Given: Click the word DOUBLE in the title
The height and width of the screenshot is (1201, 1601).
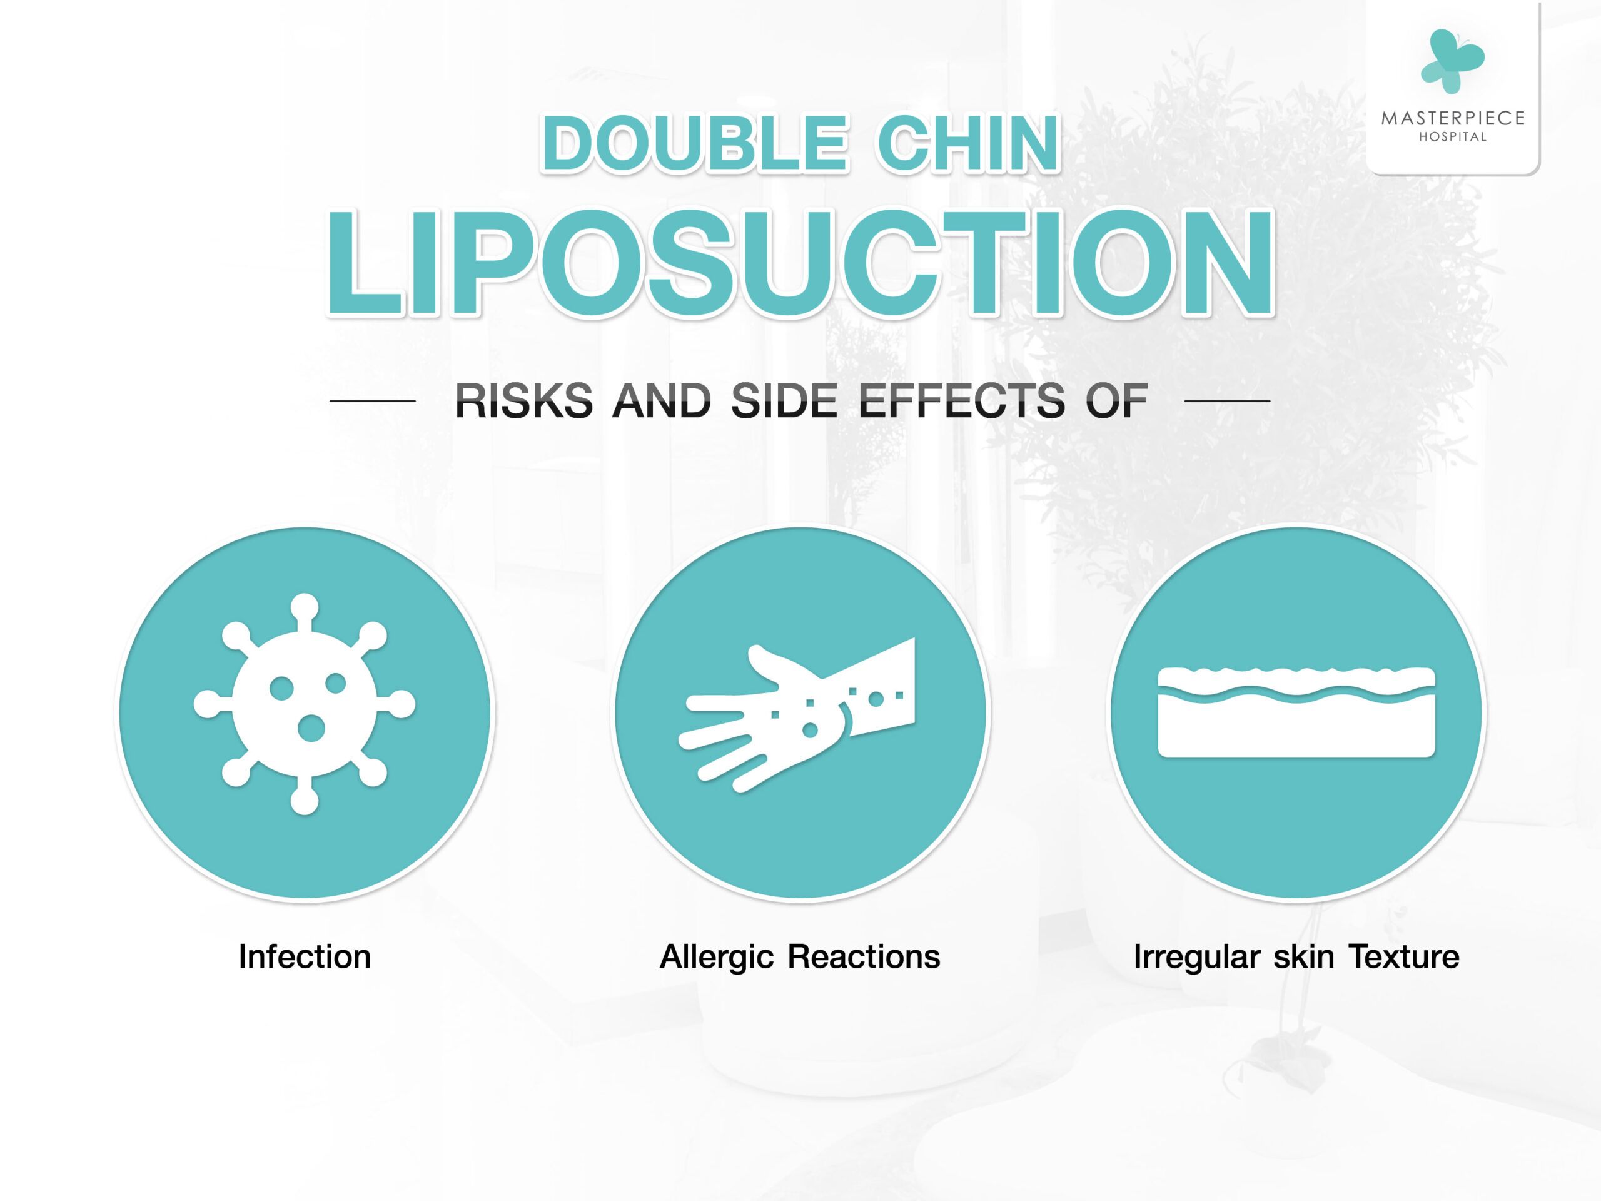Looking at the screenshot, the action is pos(694,143).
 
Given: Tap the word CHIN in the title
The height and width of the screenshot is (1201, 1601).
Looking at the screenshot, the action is pos(967,143).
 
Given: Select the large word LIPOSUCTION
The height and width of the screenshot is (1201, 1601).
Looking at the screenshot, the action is pos(800,263).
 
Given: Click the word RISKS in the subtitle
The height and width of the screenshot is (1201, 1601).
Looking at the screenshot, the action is pos(524,400).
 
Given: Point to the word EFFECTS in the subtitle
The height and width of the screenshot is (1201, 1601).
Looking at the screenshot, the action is pos(962,400).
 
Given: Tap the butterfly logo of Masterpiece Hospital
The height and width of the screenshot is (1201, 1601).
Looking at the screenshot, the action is pos(1452,61).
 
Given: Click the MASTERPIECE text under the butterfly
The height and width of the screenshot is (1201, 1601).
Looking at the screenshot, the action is pos(1453,118).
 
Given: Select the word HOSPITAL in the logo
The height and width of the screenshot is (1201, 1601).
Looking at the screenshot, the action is pos(1453,137).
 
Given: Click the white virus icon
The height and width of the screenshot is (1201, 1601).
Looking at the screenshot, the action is pos(305,704).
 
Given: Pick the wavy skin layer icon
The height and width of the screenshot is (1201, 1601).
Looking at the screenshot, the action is pos(1296,712).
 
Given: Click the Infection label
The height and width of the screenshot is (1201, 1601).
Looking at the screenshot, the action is pos(305,956).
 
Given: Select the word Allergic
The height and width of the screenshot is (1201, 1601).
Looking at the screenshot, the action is pos(716,958).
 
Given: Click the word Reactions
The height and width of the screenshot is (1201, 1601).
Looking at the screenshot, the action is pos(864,956).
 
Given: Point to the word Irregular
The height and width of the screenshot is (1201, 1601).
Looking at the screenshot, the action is pos(1196,958).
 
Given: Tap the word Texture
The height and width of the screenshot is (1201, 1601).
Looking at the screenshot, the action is pos(1403,956).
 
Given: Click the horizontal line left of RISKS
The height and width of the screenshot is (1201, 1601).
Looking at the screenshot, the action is pos(372,400).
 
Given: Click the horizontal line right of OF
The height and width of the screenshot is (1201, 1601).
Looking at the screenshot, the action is pos(1228,400).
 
